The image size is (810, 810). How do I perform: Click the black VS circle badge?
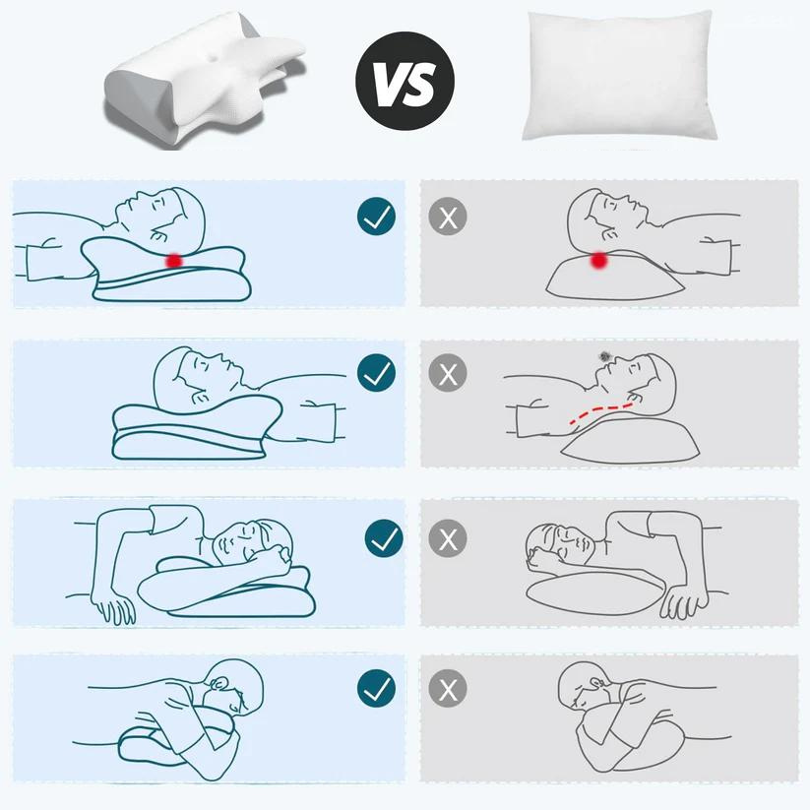pyautogui.click(x=405, y=82)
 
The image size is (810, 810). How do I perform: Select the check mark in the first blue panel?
pyautogui.click(x=376, y=217)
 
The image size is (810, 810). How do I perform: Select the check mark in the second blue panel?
pyautogui.click(x=376, y=373)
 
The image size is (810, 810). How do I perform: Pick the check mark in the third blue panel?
pyautogui.click(x=383, y=537)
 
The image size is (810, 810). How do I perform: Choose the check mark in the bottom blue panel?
pyautogui.click(x=376, y=689)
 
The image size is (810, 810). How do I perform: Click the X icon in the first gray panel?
pyautogui.click(x=449, y=217)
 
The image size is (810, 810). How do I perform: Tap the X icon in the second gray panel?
pyautogui.click(x=449, y=373)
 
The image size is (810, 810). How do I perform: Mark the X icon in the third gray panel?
pyautogui.click(x=449, y=537)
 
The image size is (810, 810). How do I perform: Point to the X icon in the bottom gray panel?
pyautogui.click(x=449, y=689)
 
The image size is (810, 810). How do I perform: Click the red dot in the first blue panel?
pyautogui.click(x=174, y=260)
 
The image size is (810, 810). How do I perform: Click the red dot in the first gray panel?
pyautogui.click(x=597, y=260)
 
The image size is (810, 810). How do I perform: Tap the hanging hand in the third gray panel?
pyautogui.click(x=678, y=602)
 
